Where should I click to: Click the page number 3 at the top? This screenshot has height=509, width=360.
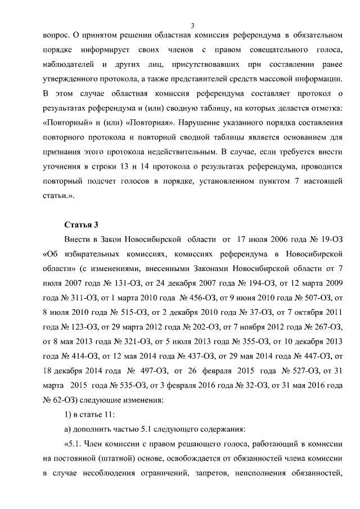tap(192, 26)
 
